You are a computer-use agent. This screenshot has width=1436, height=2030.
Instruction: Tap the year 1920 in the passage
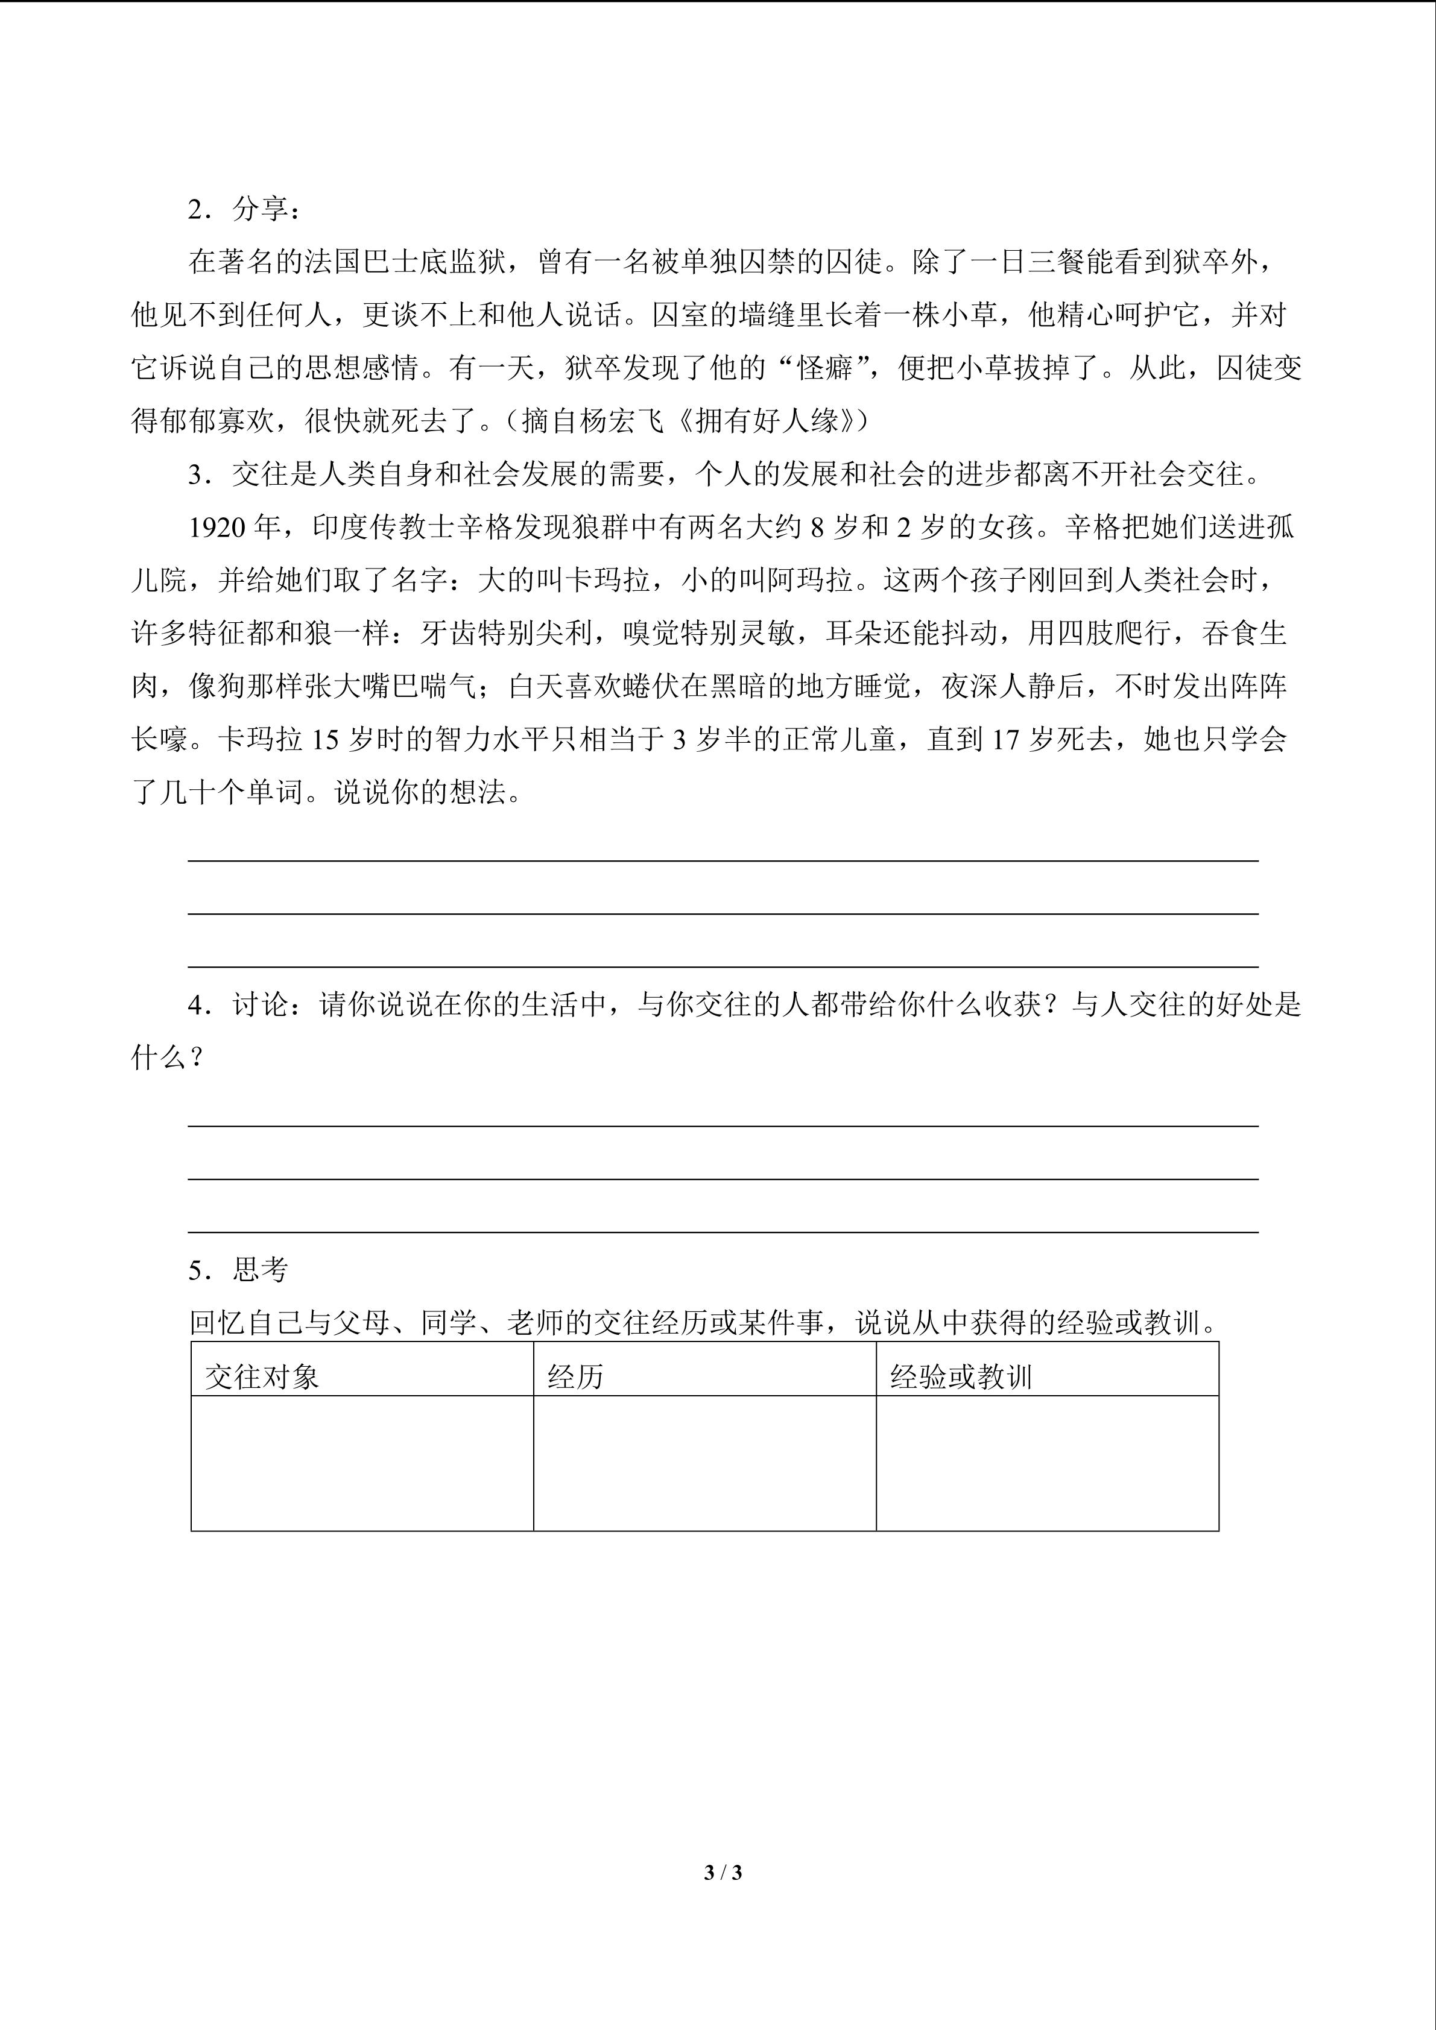click(216, 528)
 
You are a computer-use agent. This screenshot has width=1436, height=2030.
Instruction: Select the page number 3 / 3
click(723, 1872)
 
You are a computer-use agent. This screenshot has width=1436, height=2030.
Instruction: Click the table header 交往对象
click(262, 1376)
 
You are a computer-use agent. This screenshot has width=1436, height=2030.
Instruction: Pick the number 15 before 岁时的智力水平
click(324, 740)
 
